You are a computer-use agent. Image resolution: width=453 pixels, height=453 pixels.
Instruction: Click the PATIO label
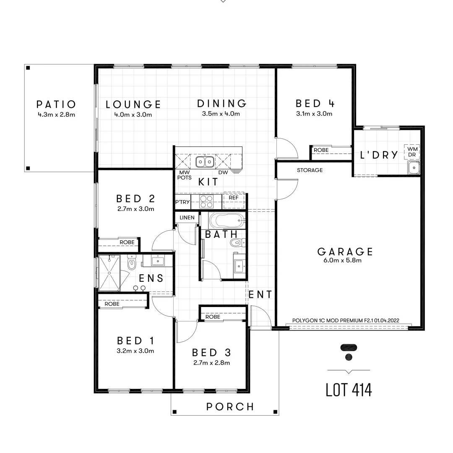(x=56, y=104)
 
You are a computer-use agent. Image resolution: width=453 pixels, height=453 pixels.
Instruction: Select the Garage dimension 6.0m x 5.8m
(x=345, y=260)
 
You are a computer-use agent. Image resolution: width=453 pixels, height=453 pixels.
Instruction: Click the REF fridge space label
(x=233, y=198)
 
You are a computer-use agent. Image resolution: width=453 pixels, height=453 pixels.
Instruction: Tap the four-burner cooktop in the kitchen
(x=206, y=202)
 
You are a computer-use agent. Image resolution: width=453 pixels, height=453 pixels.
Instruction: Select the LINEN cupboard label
(x=187, y=218)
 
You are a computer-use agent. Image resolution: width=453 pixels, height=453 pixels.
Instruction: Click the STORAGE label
(x=310, y=170)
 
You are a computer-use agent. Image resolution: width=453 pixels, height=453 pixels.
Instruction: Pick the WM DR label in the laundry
(x=413, y=151)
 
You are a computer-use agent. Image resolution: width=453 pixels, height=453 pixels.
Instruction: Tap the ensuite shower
(x=109, y=272)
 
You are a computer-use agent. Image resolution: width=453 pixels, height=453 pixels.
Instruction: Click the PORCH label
(x=230, y=406)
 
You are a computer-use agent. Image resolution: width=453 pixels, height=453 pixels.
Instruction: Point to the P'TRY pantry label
(x=182, y=202)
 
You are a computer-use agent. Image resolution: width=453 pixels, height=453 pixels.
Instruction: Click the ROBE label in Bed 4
(x=321, y=150)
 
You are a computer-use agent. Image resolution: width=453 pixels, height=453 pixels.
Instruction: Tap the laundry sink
(x=414, y=168)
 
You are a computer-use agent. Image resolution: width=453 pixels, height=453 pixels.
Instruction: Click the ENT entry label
(x=260, y=294)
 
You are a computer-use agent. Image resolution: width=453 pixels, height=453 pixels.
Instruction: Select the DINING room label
(x=221, y=103)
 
